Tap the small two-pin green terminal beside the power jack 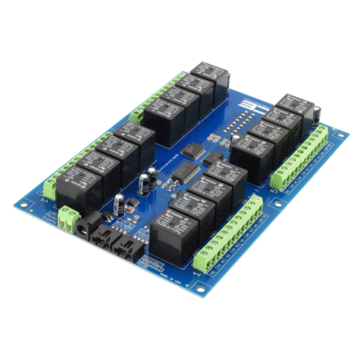click(68, 216)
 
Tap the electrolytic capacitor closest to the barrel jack click(119, 204)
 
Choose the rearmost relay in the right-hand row click(292, 104)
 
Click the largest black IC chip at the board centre click(187, 172)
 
